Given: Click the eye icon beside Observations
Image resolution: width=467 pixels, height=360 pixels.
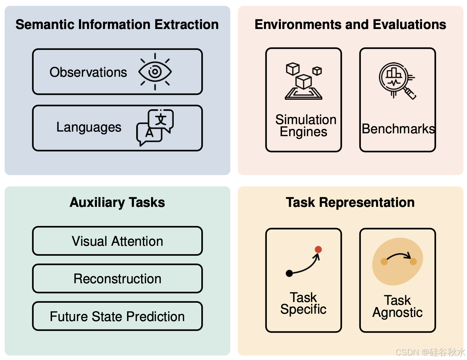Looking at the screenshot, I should [155, 72].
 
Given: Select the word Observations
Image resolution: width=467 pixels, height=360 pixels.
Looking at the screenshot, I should [88, 72].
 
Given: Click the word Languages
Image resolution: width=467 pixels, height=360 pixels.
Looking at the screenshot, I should [89, 127].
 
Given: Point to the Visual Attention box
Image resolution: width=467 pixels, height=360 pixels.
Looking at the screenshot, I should [117, 241].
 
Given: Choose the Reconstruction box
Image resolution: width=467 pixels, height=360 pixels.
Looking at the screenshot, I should [117, 279].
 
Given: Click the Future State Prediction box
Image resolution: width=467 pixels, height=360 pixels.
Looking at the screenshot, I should [117, 317].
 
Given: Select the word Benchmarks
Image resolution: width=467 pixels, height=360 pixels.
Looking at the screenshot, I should [398, 129].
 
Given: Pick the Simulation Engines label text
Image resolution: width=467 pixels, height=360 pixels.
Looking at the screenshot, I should [305, 126].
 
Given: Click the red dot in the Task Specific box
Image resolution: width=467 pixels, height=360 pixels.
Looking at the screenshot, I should [318, 249].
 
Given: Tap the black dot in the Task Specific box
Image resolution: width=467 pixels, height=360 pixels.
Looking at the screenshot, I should [289, 273].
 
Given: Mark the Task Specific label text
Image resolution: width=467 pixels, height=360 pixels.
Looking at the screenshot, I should [303, 303].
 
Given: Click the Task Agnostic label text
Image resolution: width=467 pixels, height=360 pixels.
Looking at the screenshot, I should [398, 306].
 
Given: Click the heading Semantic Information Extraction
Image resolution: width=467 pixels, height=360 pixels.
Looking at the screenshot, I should [117, 24].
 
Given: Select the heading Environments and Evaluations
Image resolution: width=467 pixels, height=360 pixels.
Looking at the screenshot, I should [350, 24].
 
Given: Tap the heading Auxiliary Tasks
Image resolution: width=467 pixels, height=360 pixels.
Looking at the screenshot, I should [117, 202].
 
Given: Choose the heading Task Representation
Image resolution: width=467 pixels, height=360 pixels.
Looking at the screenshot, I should [350, 202].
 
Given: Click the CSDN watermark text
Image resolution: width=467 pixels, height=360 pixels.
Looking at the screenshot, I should [430, 352].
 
